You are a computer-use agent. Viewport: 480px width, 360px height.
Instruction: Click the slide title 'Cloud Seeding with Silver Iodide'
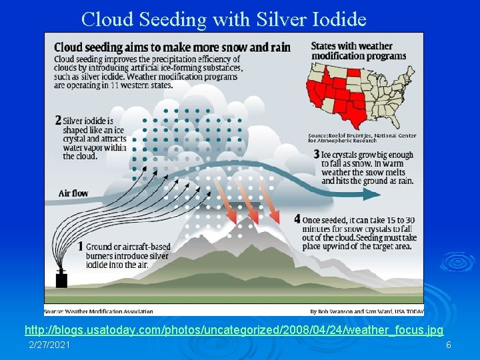click(223, 19)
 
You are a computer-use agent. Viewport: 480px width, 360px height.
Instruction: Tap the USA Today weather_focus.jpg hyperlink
click(233, 330)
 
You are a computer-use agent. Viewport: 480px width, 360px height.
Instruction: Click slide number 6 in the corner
click(448, 345)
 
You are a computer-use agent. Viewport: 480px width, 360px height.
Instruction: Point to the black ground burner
click(61, 279)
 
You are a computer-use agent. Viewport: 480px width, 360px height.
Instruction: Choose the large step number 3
click(316, 154)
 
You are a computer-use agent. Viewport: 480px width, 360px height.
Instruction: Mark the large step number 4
click(297, 219)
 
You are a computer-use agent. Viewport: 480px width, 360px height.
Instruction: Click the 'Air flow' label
click(73, 193)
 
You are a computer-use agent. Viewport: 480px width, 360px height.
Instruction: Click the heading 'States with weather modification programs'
click(351, 50)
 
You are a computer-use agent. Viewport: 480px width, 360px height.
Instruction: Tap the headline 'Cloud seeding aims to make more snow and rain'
click(172, 47)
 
